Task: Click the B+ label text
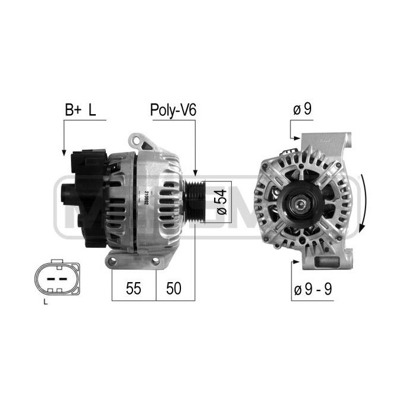click(73, 110)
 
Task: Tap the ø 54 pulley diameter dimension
click(221, 202)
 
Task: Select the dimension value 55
click(134, 288)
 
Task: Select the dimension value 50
click(174, 288)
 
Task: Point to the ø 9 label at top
click(303, 110)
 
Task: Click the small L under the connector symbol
click(46, 304)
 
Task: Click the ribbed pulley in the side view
click(194, 201)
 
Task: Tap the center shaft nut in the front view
click(301, 205)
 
